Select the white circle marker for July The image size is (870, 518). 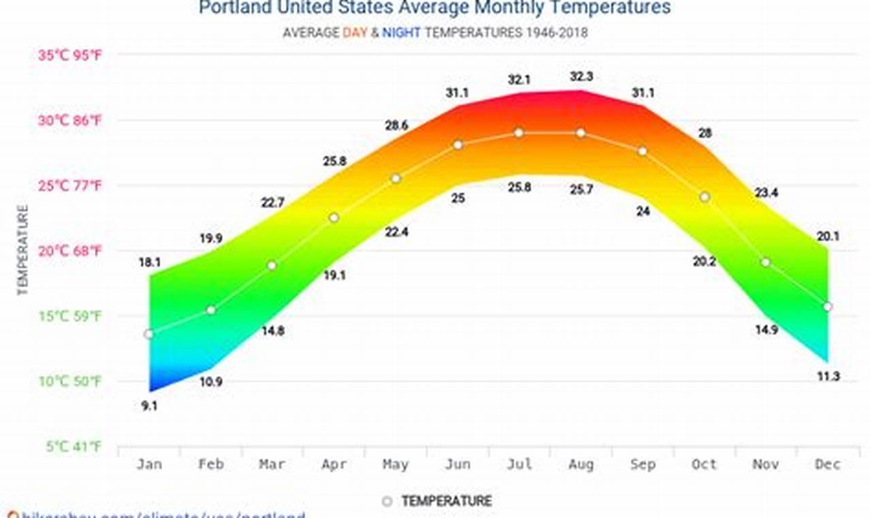tap(519, 133)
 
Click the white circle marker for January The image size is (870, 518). tap(148, 334)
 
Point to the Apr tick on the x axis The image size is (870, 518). tap(334, 464)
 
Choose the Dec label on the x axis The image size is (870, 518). tap(827, 464)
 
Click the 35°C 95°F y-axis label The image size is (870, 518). tap(69, 56)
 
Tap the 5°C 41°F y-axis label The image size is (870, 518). tap(74, 447)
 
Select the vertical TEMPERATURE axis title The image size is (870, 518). tap(23, 250)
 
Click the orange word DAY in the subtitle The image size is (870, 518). tap(355, 33)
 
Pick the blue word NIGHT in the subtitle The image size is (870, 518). tap(400, 33)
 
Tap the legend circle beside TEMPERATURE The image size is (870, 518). tap(387, 502)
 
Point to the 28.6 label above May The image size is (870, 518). tap(395, 125)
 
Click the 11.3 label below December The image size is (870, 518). tap(828, 376)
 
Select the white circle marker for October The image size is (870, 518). tap(705, 197)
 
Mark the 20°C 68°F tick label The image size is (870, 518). tap(69, 252)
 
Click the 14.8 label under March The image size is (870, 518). tap(272, 331)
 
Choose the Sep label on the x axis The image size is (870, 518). tap(643, 464)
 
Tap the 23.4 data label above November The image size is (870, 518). tap(766, 193)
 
